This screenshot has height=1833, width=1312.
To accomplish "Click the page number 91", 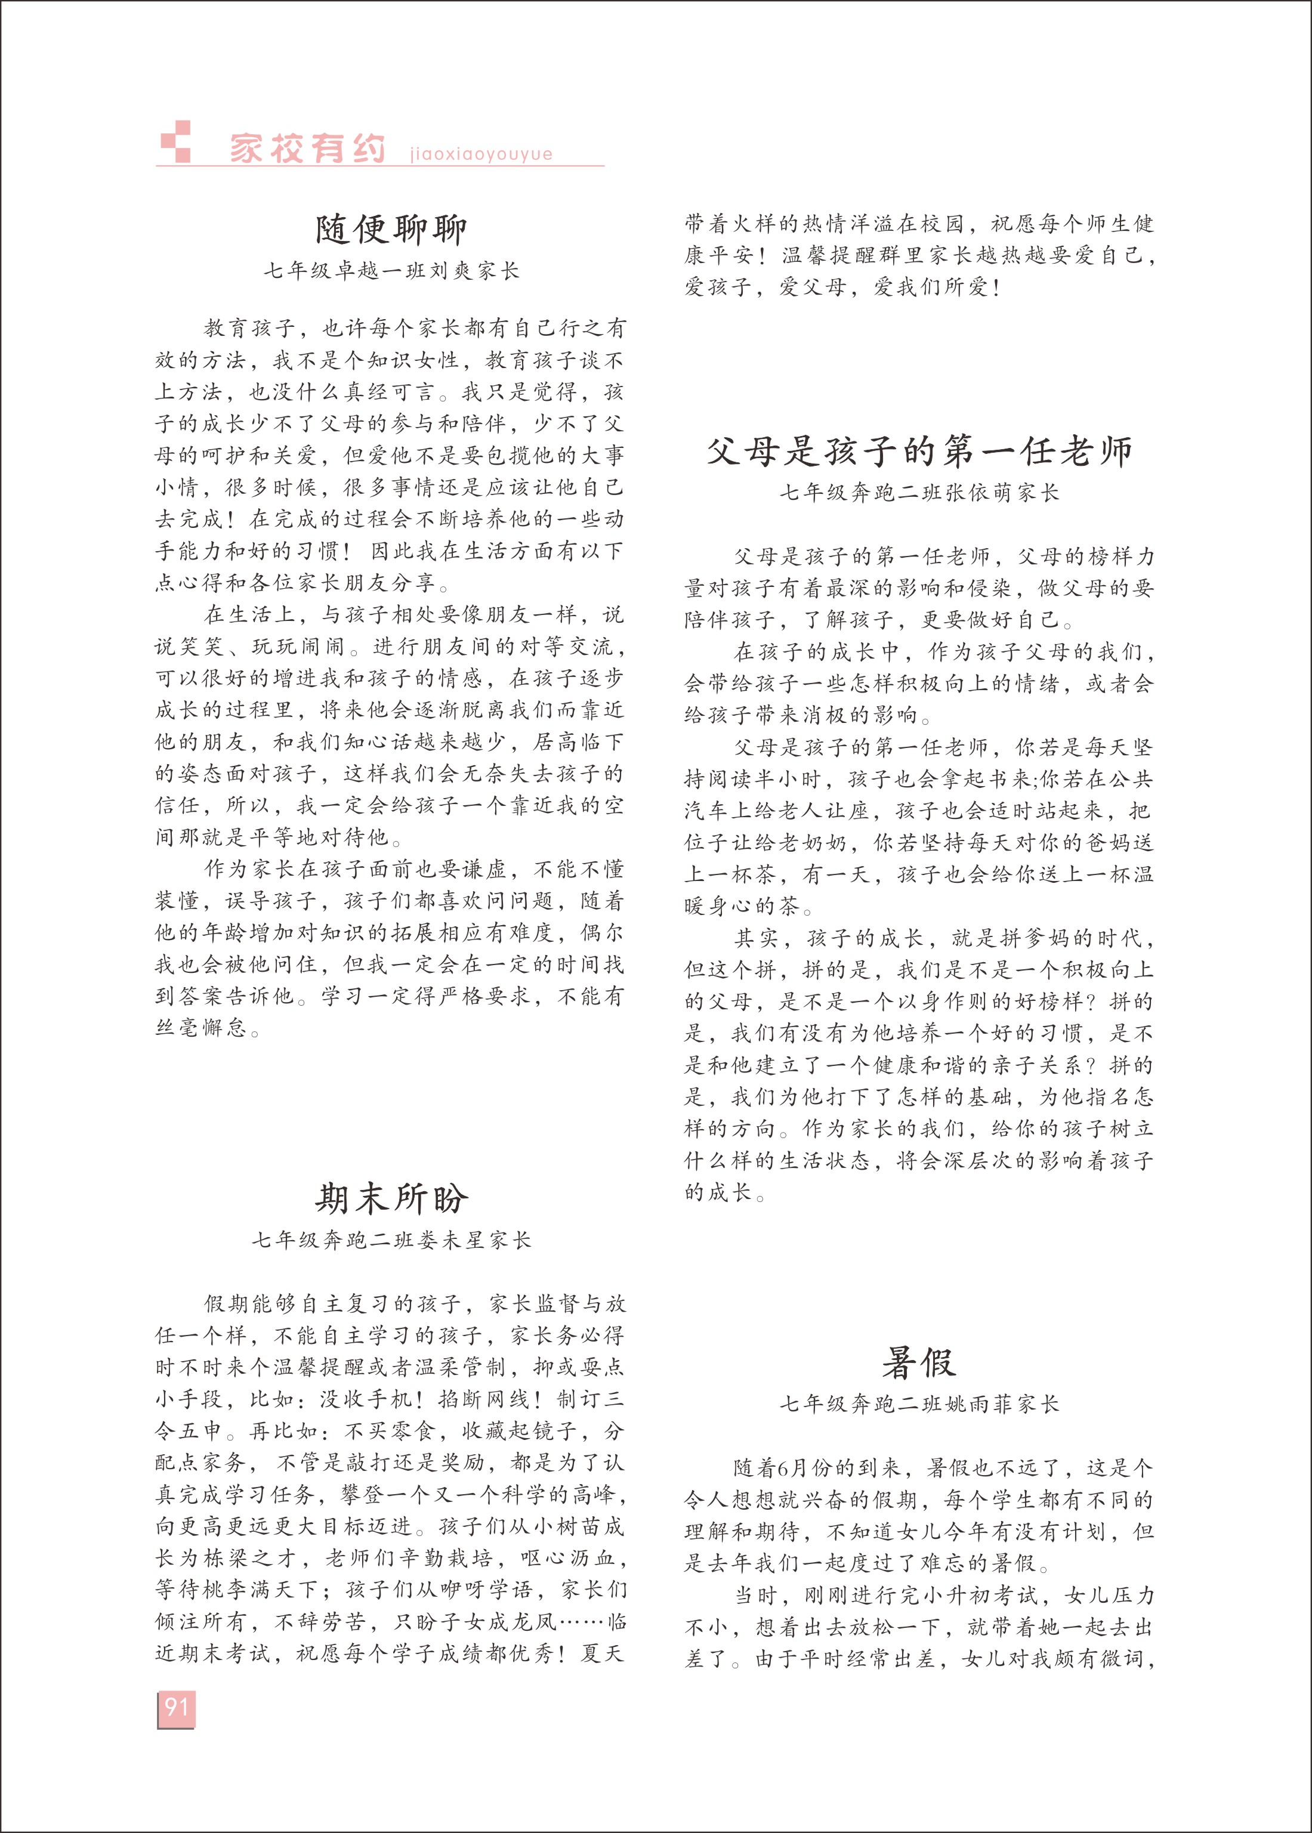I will pyautogui.click(x=176, y=1706).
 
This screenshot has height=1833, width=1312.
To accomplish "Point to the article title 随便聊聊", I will pyautogui.click(x=391, y=229).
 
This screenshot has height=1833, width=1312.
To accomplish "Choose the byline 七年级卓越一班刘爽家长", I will pyautogui.click(x=391, y=271).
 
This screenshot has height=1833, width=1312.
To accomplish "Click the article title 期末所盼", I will pyautogui.click(x=391, y=1198).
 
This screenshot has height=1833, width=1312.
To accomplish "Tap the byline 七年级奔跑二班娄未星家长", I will pyautogui.click(x=391, y=1239).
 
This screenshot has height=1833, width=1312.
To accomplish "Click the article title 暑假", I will pyautogui.click(x=919, y=1363).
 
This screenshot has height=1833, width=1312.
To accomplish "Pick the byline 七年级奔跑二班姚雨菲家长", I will pyautogui.click(x=919, y=1404).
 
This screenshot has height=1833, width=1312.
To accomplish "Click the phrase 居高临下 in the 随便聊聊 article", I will pyautogui.click(x=578, y=741).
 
